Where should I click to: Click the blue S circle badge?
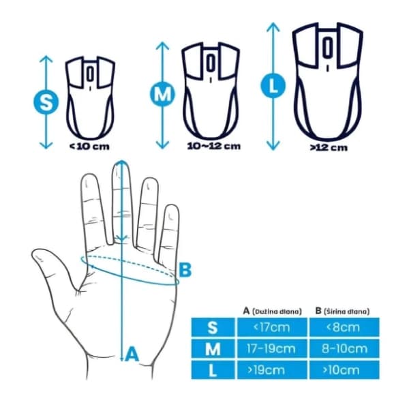point(46,102)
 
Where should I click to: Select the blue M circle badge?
point(162,94)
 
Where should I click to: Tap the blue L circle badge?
point(273,85)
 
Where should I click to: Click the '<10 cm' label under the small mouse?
point(89,147)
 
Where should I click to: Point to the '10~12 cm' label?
point(214,146)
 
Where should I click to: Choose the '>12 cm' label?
point(329,148)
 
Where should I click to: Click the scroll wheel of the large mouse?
point(328,48)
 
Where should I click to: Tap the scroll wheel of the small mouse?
point(90,74)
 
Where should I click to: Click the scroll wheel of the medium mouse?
point(211,63)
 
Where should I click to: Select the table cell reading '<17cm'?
point(272,327)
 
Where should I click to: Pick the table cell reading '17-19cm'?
point(272,348)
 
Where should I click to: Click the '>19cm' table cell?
point(272,369)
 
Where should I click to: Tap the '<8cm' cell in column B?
point(344,327)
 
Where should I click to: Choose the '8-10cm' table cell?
point(344,348)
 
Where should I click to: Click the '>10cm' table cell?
point(344,369)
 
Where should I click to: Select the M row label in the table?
point(213,349)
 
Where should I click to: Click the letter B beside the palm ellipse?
point(185,270)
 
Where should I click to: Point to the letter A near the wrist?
point(132,354)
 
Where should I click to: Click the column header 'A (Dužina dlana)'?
point(272,311)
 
